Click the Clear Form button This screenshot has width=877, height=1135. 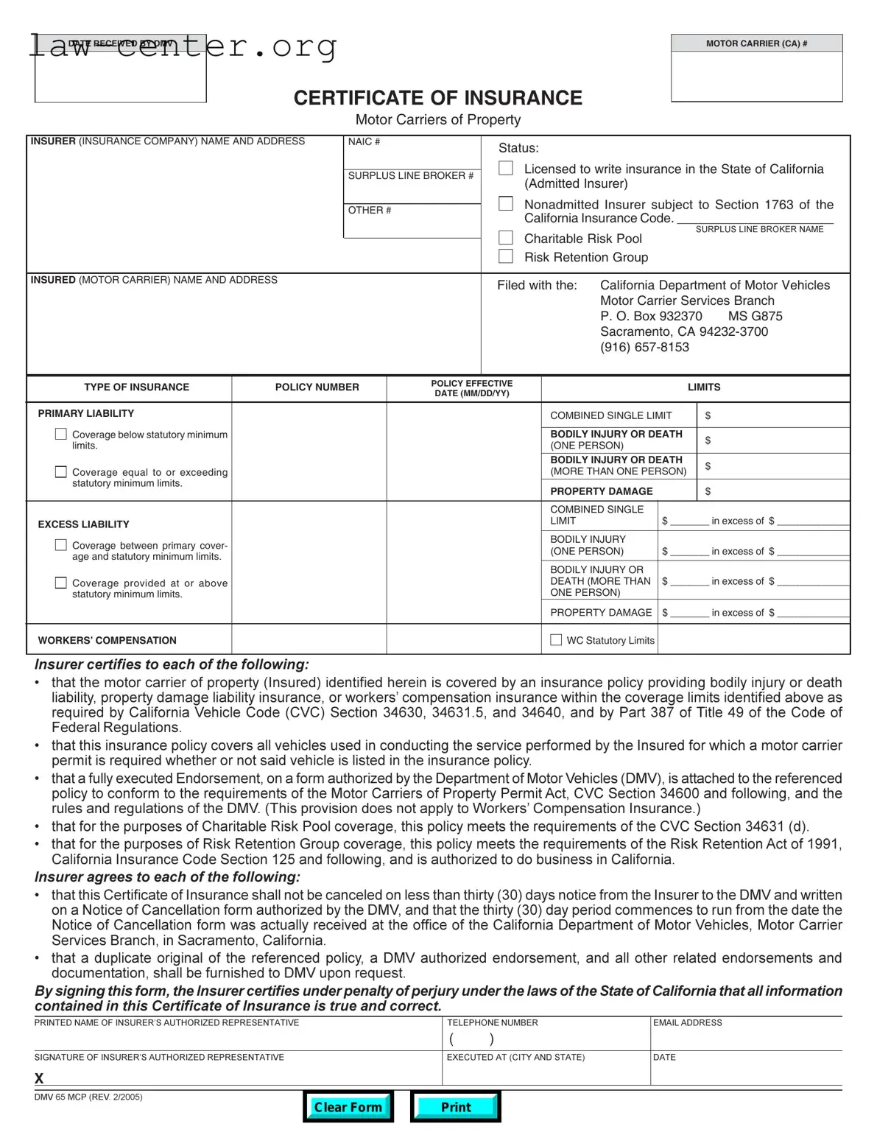(x=348, y=1106)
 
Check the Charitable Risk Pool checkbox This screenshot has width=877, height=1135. (x=506, y=238)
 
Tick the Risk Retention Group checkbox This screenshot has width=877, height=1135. (x=506, y=256)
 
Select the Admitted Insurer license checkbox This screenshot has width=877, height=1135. (x=506, y=169)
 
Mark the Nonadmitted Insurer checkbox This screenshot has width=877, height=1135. (x=506, y=204)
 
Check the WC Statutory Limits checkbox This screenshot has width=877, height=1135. (x=556, y=640)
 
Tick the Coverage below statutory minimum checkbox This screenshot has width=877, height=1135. (x=61, y=435)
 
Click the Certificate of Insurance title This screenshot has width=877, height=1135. (x=437, y=98)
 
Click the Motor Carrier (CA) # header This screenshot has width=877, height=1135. (x=756, y=43)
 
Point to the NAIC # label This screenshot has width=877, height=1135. (x=364, y=141)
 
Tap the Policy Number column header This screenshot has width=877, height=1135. (x=317, y=387)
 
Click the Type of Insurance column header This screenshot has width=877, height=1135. (x=136, y=387)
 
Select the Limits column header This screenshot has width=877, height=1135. (x=704, y=387)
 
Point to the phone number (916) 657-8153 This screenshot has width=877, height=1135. (x=644, y=347)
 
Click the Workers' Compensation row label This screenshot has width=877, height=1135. (x=108, y=641)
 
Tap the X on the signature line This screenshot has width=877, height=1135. (x=39, y=1078)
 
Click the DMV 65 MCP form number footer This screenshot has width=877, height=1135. (x=88, y=1097)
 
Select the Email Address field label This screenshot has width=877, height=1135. (x=687, y=1023)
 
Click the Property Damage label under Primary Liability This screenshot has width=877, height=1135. (x=602, y=491)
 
